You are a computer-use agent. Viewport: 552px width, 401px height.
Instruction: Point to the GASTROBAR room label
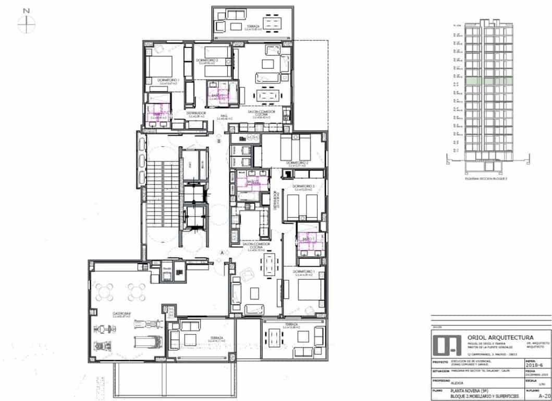pos(120,314)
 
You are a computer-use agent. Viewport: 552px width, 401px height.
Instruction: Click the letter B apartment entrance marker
pos(219,141)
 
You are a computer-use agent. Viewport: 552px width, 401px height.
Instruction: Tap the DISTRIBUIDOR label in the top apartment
pos(195,113)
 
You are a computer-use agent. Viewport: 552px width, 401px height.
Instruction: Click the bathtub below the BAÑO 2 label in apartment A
pos(251,196)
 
